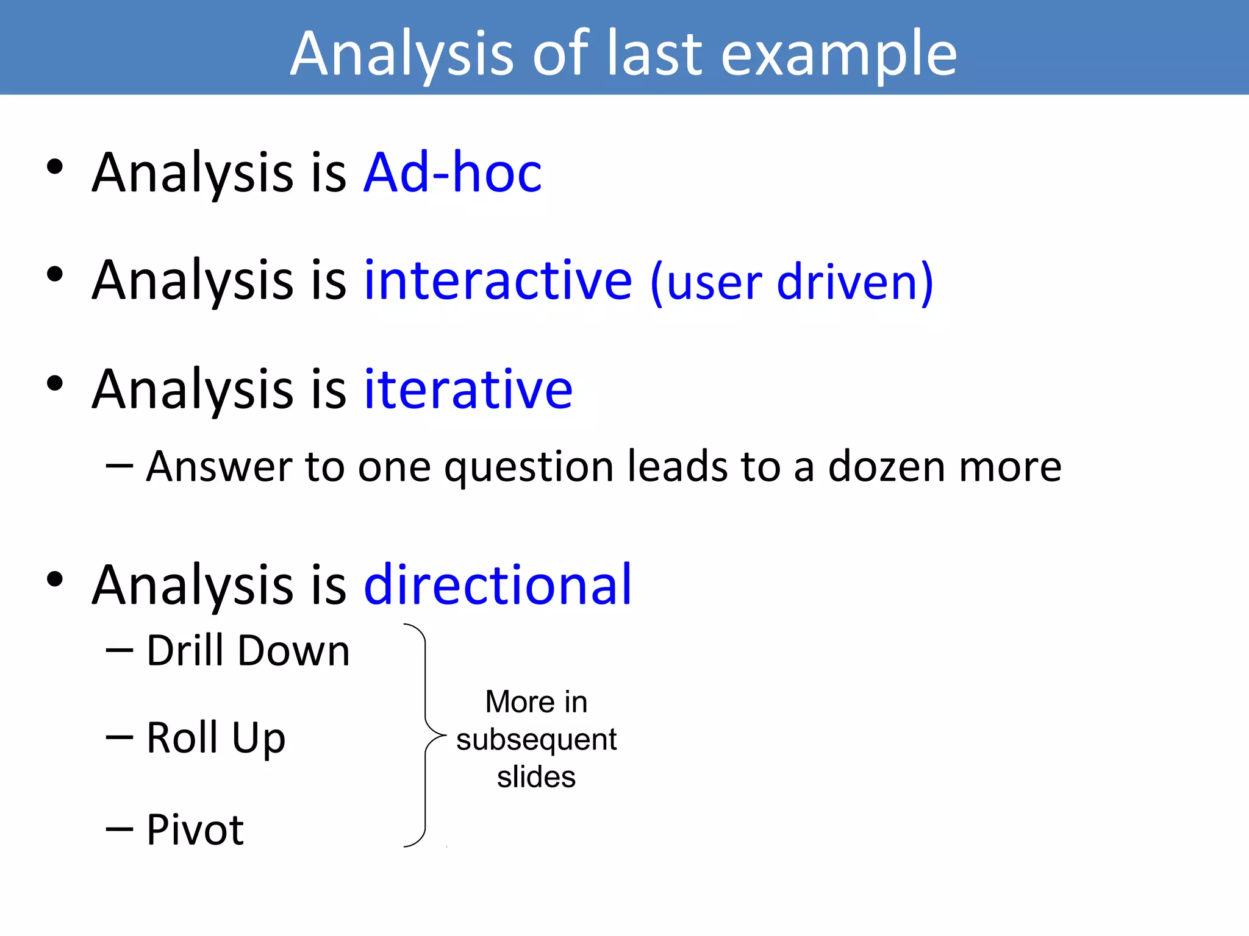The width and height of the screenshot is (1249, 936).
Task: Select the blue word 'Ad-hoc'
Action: tap(453, 173)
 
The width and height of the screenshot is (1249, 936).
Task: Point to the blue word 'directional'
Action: tap(498, 585)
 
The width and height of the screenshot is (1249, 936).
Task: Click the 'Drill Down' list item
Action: tap(248, 651)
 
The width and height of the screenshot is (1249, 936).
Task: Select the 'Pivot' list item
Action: tap(195, 830)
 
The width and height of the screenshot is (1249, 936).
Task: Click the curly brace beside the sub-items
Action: tap(425, 734)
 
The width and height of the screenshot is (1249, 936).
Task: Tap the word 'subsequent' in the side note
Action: tap(536, 740)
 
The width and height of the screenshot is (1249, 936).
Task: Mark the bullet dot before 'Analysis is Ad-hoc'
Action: tap(55, 167)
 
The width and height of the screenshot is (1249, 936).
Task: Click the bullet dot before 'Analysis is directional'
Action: tap(55, 580)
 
